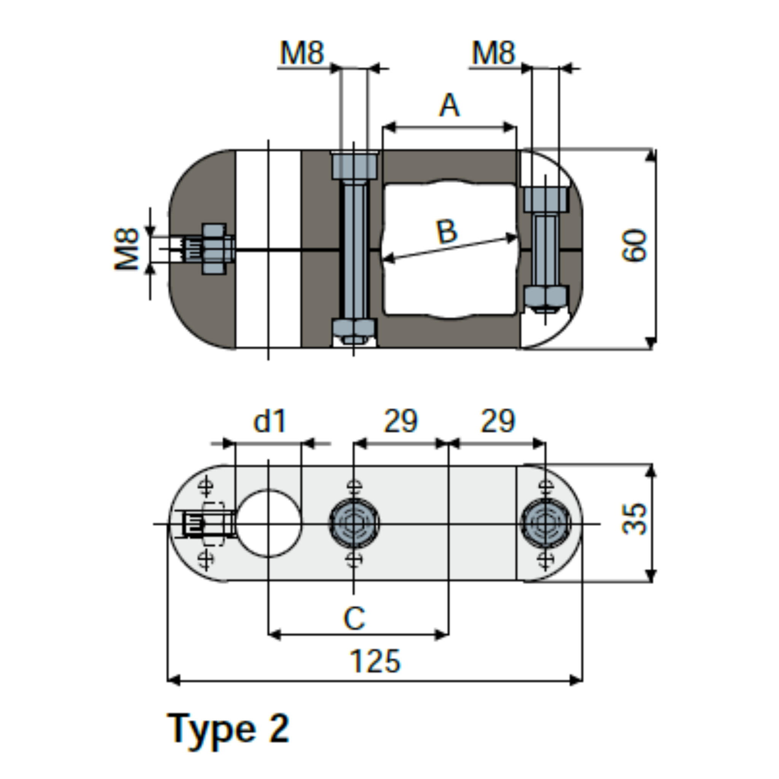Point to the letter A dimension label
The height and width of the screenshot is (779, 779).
449,106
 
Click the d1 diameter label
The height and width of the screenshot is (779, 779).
270,421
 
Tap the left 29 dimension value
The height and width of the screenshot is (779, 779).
401,421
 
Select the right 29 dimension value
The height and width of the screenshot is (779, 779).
498,421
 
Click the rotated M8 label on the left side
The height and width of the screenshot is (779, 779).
127,249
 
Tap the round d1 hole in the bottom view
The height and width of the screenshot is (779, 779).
269,523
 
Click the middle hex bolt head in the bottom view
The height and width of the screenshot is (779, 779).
354,523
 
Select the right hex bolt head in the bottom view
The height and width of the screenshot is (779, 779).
545,523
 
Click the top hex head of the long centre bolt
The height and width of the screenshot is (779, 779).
354,166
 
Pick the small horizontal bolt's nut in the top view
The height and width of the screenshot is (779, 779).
214,249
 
